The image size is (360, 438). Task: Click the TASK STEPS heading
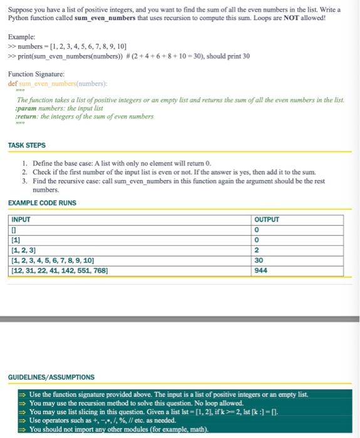[x=27, y=145]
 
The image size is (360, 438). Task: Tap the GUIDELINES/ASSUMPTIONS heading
[x=51, y=377]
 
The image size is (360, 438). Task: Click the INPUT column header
[x=21, y=220]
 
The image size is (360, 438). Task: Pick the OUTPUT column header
[x=267, y=220]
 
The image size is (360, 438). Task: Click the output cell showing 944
[x=261, y=271]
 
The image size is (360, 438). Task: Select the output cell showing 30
[x=259, y=261]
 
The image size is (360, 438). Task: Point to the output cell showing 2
[x=257, y=250]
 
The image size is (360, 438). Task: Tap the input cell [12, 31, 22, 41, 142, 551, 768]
[x=59, y=271]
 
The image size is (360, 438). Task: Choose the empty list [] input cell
[x=14, y=230]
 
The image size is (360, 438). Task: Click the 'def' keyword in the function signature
[x=13, y=83]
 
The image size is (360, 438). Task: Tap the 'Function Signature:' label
[x=35, y=74]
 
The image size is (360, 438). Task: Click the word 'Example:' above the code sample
[x=21, y=38]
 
